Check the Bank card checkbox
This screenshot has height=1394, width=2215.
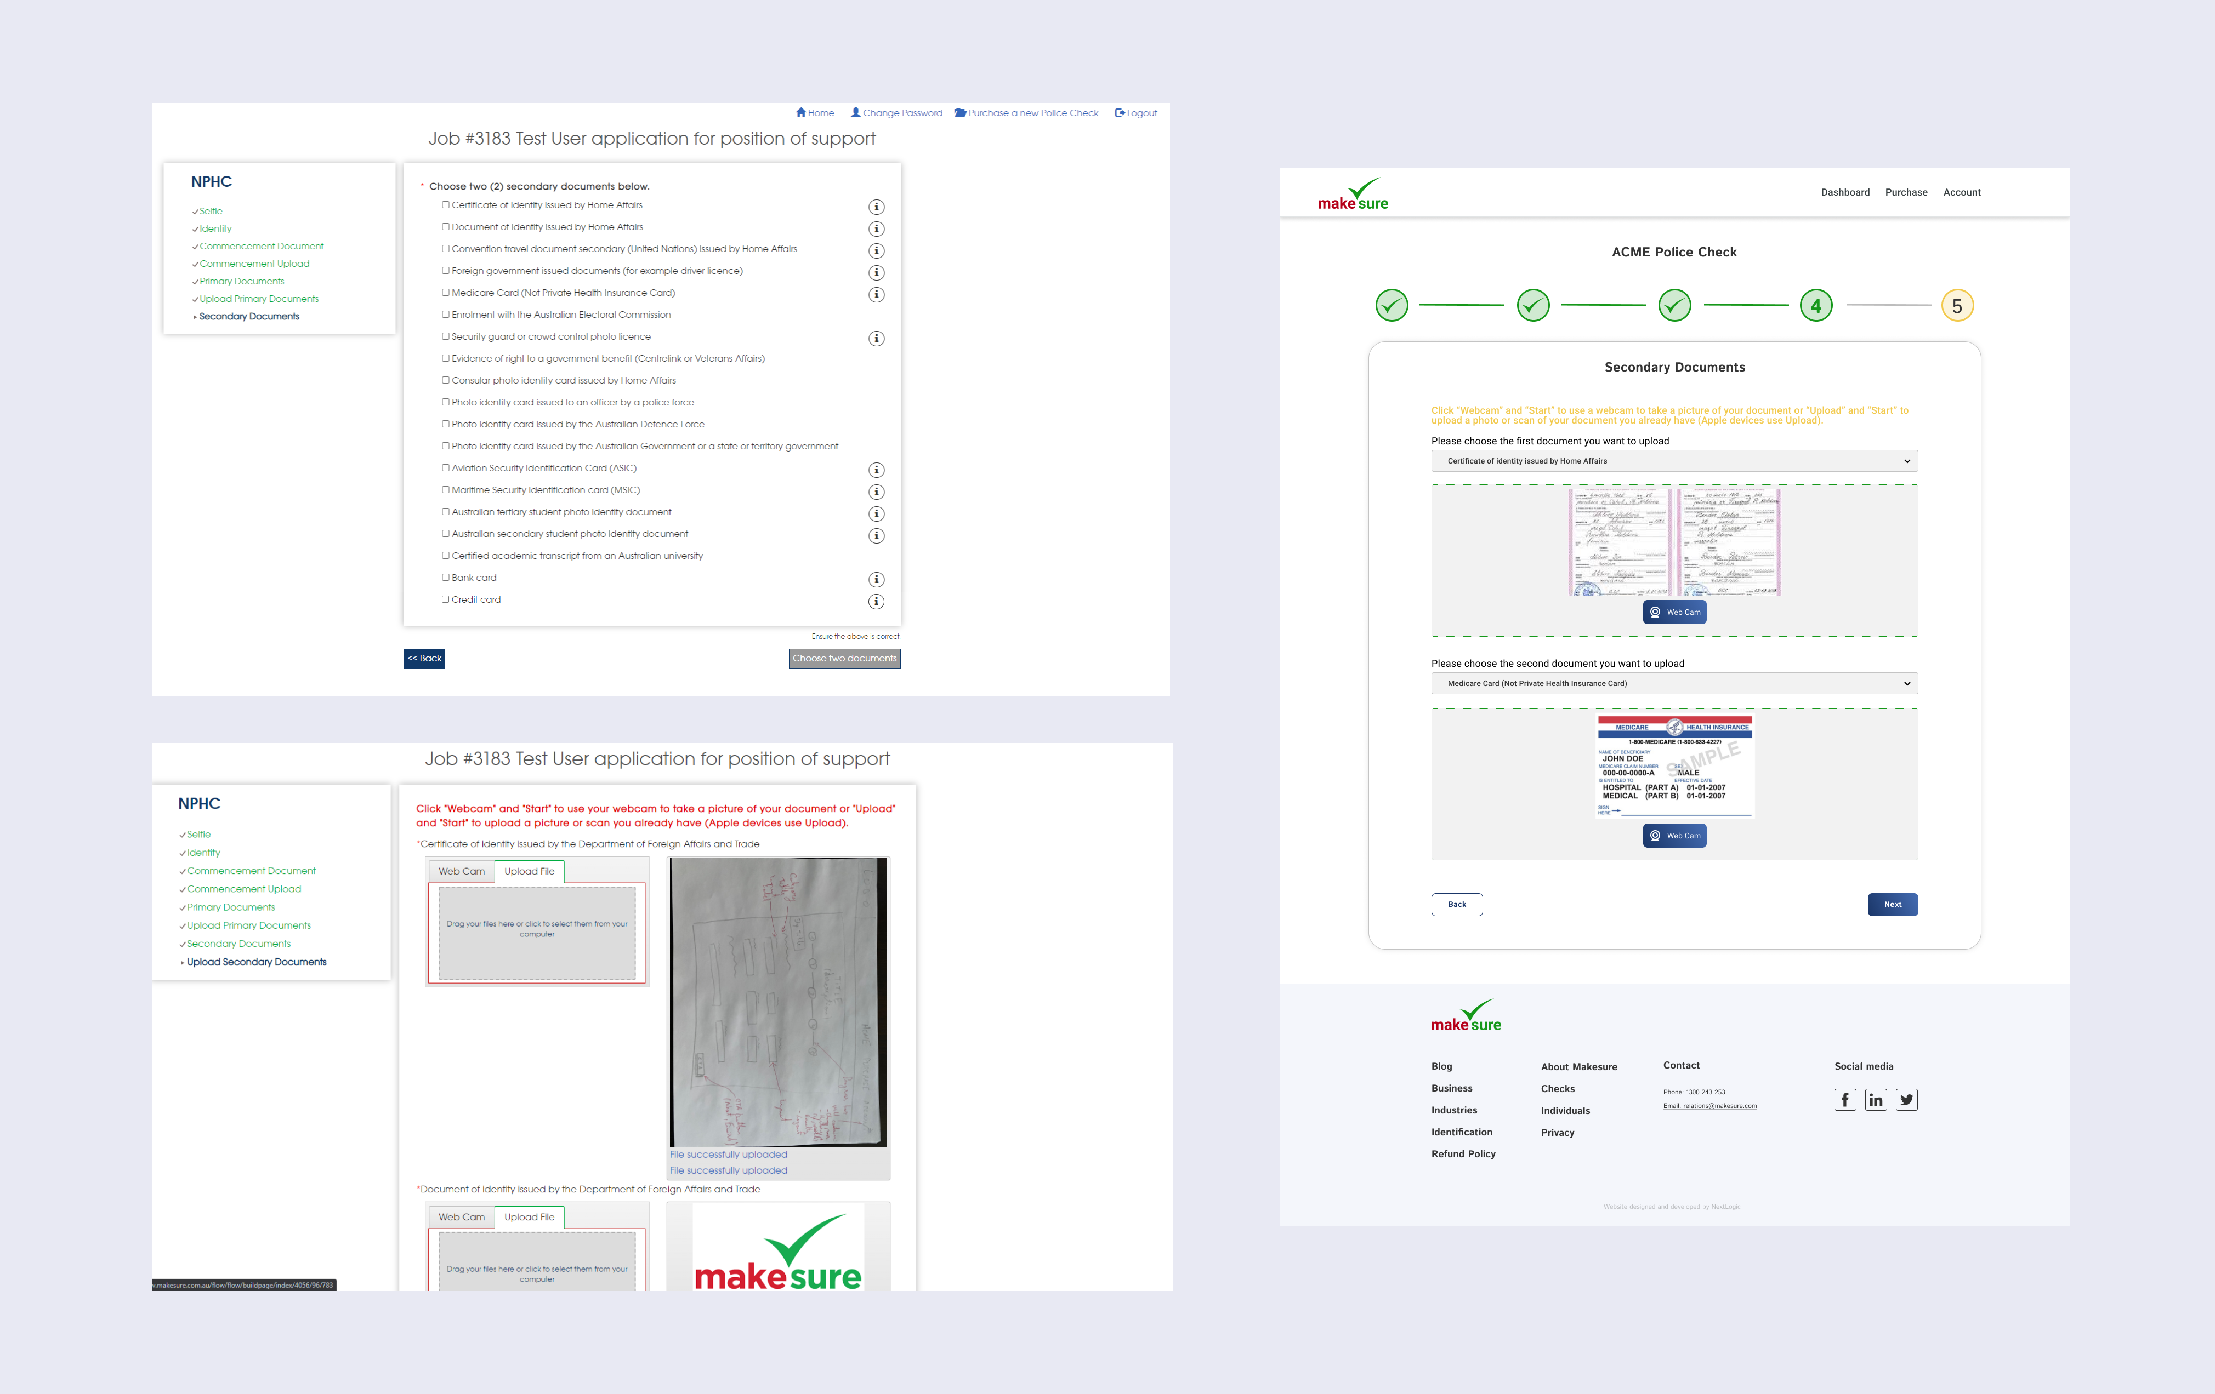(445, 578)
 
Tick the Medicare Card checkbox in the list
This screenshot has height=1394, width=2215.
(445, 293)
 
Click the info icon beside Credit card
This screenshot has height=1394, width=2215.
(876, 601)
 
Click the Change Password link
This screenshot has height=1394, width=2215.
(897, 113)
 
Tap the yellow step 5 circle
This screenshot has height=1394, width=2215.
(1957, 306)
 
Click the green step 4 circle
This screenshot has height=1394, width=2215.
(1815, 306)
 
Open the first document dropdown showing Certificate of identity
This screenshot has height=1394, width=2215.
(1673, 461)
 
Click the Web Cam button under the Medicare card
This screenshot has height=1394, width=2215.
(1674, 836)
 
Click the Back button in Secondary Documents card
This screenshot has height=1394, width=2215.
(1456, 905)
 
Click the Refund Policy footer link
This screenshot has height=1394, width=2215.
(1463, 1154)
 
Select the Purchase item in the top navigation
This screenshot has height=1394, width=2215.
(1905, 192)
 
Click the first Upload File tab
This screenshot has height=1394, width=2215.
(529, 872)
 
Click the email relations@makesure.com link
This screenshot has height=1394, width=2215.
(1709, 1106)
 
